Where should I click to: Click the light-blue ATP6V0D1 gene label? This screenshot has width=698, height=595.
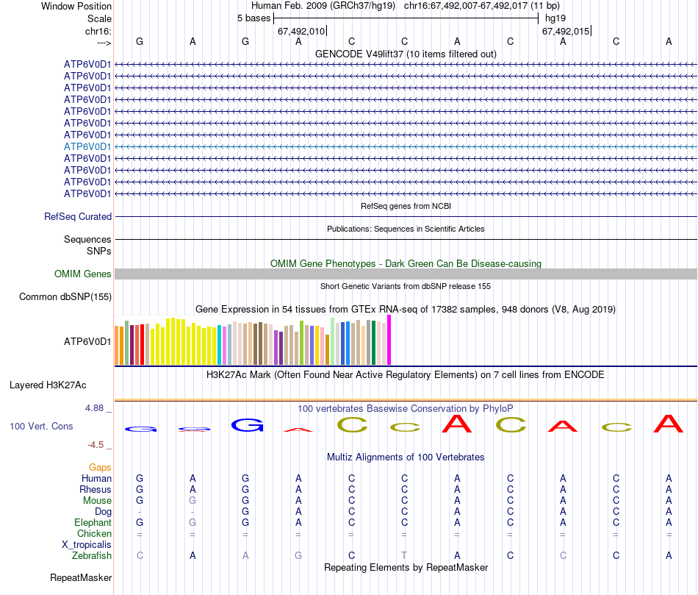coord(87,146)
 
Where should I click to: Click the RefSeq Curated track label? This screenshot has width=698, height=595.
coord(78,217)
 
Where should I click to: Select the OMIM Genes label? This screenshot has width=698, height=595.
coord(83,274)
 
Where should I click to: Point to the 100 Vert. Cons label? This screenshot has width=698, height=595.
coord(41,427)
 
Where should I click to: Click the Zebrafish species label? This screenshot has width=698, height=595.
coord(93,556)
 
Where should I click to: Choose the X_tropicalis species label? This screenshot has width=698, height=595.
coord(87,545)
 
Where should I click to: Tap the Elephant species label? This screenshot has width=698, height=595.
coord(92,523)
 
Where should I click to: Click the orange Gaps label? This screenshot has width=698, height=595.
coord(100,468)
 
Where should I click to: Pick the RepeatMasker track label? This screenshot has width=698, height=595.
coord(81,578)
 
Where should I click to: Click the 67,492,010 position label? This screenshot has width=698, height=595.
coord(301,32)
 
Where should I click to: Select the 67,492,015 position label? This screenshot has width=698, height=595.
coord(565,32)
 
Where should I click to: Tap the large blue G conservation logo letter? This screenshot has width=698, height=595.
coord(246,425)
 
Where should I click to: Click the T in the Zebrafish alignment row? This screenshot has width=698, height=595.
coord(404,556)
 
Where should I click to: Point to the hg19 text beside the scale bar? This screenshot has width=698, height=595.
coord(555,18)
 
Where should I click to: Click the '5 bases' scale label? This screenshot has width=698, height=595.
coord(253,18)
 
